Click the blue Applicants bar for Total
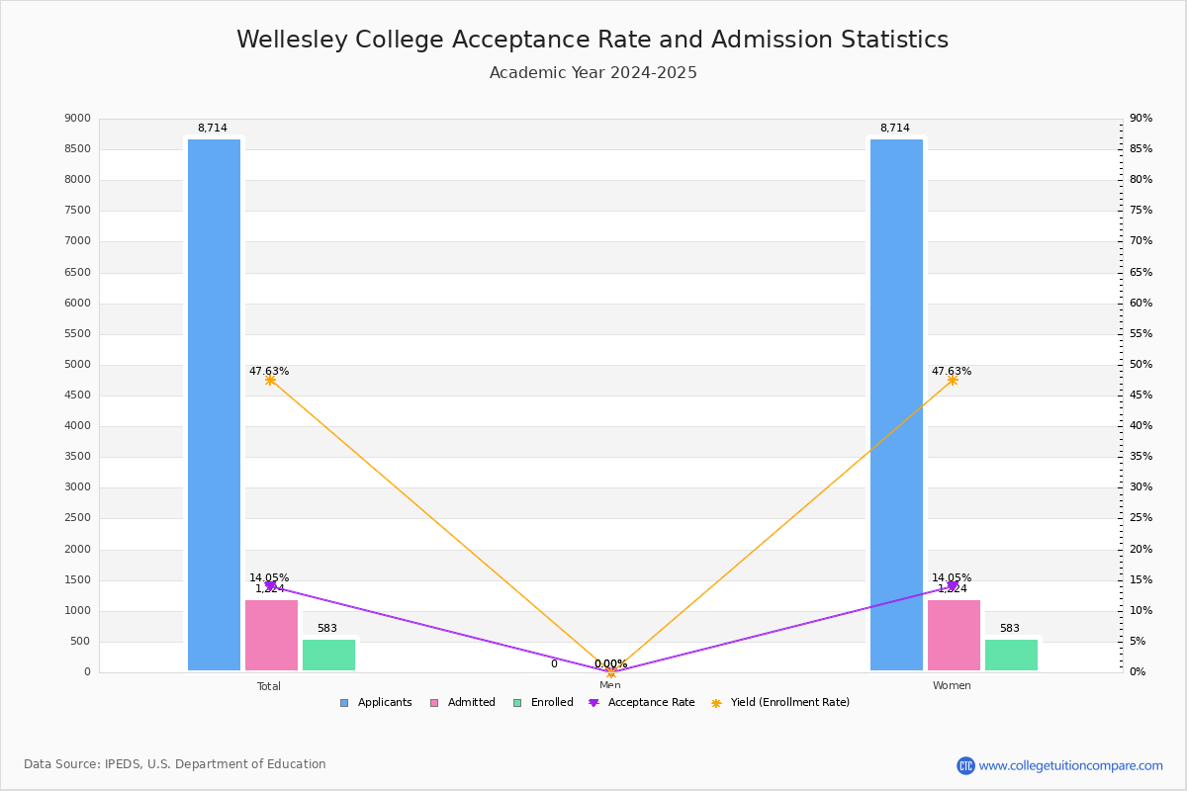pos(214,405)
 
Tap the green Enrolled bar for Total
pos(328,655)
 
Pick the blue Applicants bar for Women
pos(896,405)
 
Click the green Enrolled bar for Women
pos(1011,655)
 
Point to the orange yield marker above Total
pos(270,380)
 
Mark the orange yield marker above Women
pos(953,380)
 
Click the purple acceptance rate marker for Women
pos(953,585)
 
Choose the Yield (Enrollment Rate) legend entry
pos(780,703)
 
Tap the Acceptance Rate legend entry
pos(642,703)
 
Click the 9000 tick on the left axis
pos(77,119)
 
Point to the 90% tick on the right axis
pos(1141,119)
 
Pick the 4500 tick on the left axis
pos(77,395)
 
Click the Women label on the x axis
pos(952,686)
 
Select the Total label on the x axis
pos(269,686)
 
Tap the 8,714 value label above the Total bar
pos(213,129)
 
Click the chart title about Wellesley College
pos(593,40)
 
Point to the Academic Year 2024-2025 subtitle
pos(593,73)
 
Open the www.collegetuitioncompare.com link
pos(1070,765)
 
